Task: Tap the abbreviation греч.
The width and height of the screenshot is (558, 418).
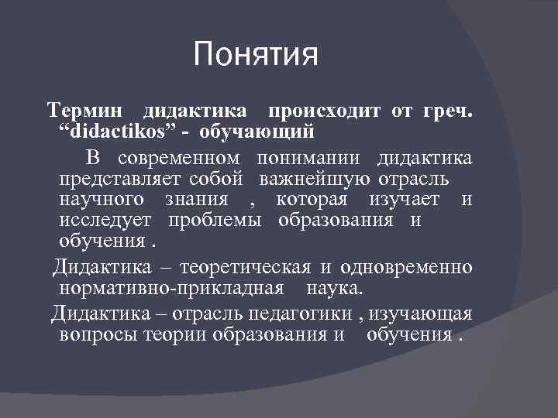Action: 448,112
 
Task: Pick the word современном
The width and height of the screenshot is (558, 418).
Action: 181,159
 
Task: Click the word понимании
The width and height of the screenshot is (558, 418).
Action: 322,159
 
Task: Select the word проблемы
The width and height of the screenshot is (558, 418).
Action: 224,221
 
